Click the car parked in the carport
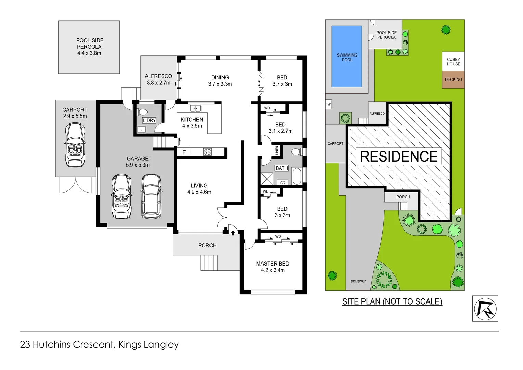point(75,145)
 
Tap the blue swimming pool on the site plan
point(347,57)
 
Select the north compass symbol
point(485,308)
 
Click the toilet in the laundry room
point(142,112)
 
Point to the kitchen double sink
point(195,109)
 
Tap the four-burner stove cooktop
point(207,152)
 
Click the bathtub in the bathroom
point(296,176)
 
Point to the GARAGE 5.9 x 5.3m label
point(138,162)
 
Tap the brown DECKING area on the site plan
point(453,79)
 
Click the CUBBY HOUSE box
point(453,62)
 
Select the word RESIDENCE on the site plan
point(399,157)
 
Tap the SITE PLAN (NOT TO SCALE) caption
point(392,301)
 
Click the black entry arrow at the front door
point(233,233)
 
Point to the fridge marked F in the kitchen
point(184,152)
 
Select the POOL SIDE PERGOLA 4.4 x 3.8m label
point(89,47)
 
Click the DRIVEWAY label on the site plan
point(358,281)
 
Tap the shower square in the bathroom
point(267,179)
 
